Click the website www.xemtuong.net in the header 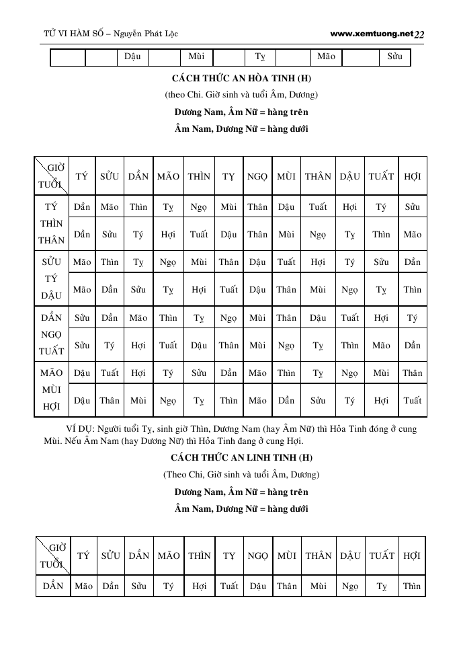[x=372, y=33]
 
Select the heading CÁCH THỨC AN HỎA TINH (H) [x=241, y=79]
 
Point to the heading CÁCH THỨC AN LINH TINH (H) [x=241, y=458]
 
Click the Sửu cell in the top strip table [x=395, y=56]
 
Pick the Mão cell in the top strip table [x=326, y=56]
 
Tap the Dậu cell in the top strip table [x=132, y=56]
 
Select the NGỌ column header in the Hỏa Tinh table [x=257, y=176]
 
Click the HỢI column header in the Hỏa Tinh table [x=413, y=176]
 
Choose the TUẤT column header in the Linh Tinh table [x=382, y=555]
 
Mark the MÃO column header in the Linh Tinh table [x=168, y=555]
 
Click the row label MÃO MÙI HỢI [x=52, y=389]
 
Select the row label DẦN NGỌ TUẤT [x=52, y=334]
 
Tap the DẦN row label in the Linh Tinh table [x=52, y=586]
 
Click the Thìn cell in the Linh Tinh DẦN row [x=412, y=586]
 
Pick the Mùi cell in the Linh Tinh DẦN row [x=318, y=586]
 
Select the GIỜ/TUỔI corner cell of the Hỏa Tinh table [x=52, y=176]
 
